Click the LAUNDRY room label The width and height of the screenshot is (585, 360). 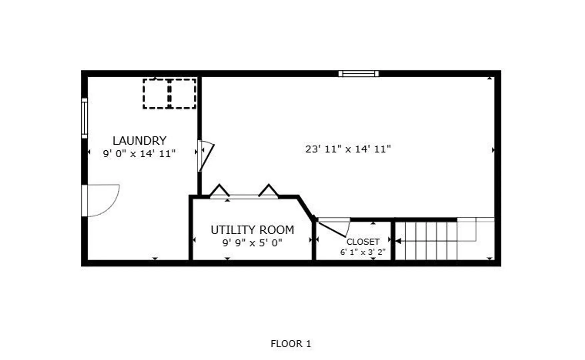(x=139, y=141)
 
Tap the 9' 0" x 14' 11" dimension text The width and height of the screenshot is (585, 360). (x=139, y=154)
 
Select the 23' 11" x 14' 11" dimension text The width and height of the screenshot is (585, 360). (x=348, y=149)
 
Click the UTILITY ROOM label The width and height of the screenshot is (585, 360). (x=252, y=230)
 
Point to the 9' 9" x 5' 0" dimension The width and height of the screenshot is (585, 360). (x=252, y=243)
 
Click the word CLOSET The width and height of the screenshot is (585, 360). (x=363, y=242)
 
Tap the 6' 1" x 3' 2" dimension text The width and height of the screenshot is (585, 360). (x=363, y=252)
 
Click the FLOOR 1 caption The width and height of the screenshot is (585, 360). (x=290, y=344)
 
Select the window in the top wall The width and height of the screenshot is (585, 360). (x=359, y=74)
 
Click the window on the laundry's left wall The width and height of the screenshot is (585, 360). (x=84, y=118)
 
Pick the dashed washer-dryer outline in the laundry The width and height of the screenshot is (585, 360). (x=169, y=94)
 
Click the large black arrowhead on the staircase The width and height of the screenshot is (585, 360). (x=398, y=241)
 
